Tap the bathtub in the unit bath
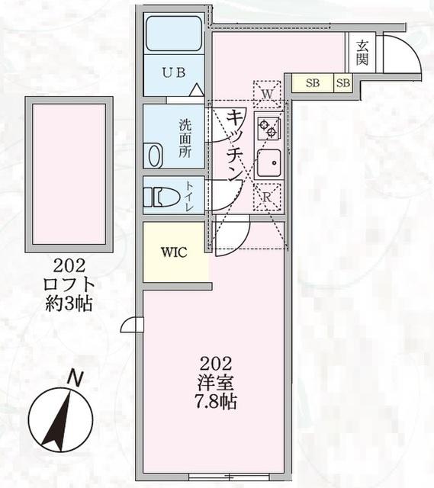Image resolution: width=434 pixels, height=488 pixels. pyautogui.click(x=174, y=34)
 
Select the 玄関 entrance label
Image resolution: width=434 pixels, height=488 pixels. pyautogui.click(x=361, y=52)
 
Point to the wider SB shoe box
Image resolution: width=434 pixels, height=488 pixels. pyautogui.click(x=312, y=82)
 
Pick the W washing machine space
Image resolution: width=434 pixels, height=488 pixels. pyautogui.click(x=266, y=94)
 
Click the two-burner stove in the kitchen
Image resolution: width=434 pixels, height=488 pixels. pyautogui.click(x=268, y=127)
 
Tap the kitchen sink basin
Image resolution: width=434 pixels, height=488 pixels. pyautogui.click(x=268, y=162)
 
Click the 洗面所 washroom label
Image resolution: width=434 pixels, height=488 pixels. pyautogui.click(x=184, y=136)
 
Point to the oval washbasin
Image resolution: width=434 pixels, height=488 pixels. pyautogui.click(x=155, y=156)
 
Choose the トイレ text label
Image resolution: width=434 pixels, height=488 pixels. pyautogui.click(x=189, y=195)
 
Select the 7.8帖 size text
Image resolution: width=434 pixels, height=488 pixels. pyautogui.click(x=215, y=402)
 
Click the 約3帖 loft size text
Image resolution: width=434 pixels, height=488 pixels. pyautogui.click(x=69, y=303)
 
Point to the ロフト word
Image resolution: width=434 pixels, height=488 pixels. pyautogui.click(x=69, y=285)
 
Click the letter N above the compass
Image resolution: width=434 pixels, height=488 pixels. pyautogui.click(x=74, y=377)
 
